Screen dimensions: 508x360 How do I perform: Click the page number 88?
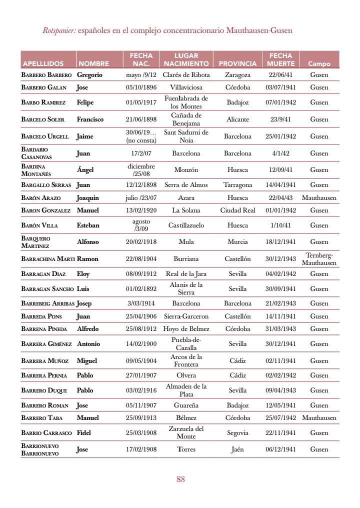point(180,479)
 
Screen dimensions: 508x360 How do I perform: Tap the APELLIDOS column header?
point(42,64)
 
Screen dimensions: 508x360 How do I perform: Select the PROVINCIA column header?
point(237,64)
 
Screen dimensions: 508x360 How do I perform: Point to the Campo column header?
point(319,64)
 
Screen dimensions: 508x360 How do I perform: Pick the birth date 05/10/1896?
point(141,87)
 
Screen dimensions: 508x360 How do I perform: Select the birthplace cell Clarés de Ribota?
point(186,75)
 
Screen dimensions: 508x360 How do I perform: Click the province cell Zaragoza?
point(237,75)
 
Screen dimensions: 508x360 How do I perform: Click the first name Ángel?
point(85,170)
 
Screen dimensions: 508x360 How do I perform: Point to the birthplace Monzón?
point(186,170)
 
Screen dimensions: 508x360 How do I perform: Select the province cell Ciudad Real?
point(237,210)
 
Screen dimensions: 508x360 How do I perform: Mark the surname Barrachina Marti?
point(47,259)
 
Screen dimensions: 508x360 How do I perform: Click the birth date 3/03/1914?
point(141,303)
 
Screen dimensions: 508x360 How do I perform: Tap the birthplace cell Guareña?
point(186,405)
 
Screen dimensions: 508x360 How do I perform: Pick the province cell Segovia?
point(237,433)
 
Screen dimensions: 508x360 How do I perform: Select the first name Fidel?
point(83,433)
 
